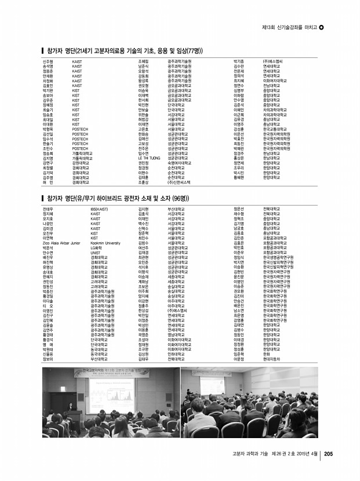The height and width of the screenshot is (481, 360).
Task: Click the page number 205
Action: pyautogui.click(x=328, y=453)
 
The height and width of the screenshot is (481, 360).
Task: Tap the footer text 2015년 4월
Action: pyautogui.click(x=306, y=453)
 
